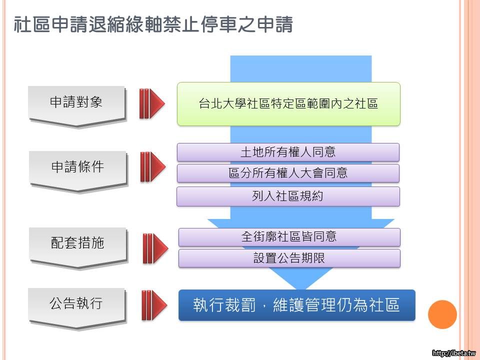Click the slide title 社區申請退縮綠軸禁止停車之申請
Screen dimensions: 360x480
pyautogui.click(x=153, y=24)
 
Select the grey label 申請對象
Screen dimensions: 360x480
pyautogui.click(x=76, y=102)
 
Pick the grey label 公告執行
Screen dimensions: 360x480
pyautogui.click(x=76, y=303)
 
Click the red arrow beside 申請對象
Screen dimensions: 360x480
pyautogui.click(x=152, y=103)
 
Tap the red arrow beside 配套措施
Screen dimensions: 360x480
pyautogui.click(x=155, y=248)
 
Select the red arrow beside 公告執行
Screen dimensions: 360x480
pyautogui.click(x=154, y=305)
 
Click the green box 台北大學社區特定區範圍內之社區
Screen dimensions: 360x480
pyautogui.click(x=288, y=104)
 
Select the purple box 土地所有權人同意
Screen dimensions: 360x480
pyautogui.click(x=288, y=152)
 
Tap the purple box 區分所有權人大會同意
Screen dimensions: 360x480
pyautogui.click(x=288, y=173)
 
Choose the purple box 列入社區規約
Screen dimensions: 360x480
pyautogui.click(x=288, y=196)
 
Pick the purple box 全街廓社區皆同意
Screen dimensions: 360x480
pyautogui.click(x=289, y=237)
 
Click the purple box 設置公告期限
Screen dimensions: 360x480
pyautogui.click(x=289, y=258)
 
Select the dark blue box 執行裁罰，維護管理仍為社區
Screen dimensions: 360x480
pyautogui.click(x=297, y=305)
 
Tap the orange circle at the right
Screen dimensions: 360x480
pyautogui.click(x=442, y=314)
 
